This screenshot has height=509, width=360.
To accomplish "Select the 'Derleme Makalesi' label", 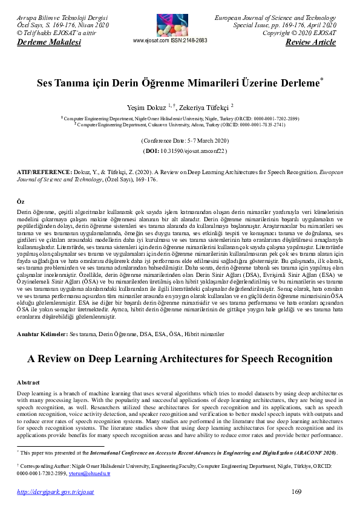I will [x=41, y=42].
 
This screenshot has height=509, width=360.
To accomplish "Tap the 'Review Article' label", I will [x=310, y=42].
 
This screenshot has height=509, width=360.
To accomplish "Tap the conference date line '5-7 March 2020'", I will [x=180, y=140].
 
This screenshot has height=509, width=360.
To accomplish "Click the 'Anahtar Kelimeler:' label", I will [x=43, y=333].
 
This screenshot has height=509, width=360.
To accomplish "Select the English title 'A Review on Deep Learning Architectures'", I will [x=180, y=358].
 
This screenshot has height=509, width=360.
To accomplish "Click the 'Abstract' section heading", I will [x=28, y=383].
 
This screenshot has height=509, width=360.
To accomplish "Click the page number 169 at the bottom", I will [x=296, y=492].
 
